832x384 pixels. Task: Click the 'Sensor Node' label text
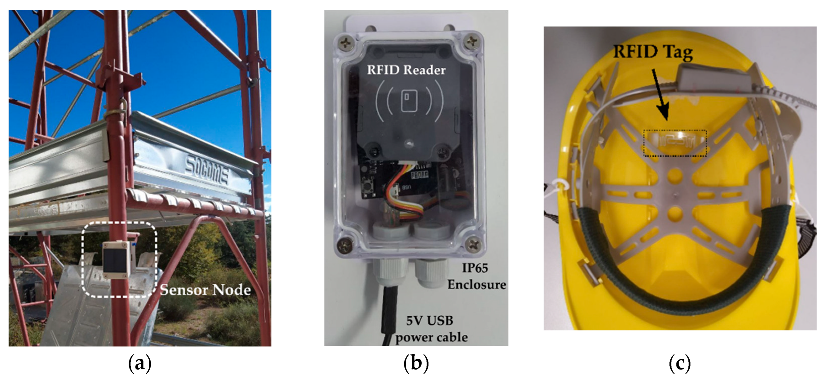point(205,290)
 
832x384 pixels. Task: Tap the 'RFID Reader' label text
point(406,70)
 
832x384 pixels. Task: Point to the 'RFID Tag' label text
point(653,52)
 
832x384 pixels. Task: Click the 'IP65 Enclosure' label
point(476,276)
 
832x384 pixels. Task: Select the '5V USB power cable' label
point(431,329)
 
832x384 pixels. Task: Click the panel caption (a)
point(140,364)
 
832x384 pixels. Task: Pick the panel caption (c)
point(680,364)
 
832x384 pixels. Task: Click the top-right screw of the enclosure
point(473,41)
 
